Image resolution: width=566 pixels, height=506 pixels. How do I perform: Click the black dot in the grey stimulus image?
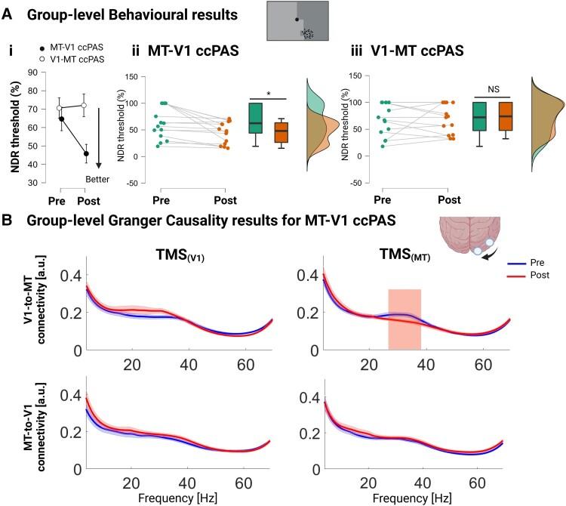(297, 19)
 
